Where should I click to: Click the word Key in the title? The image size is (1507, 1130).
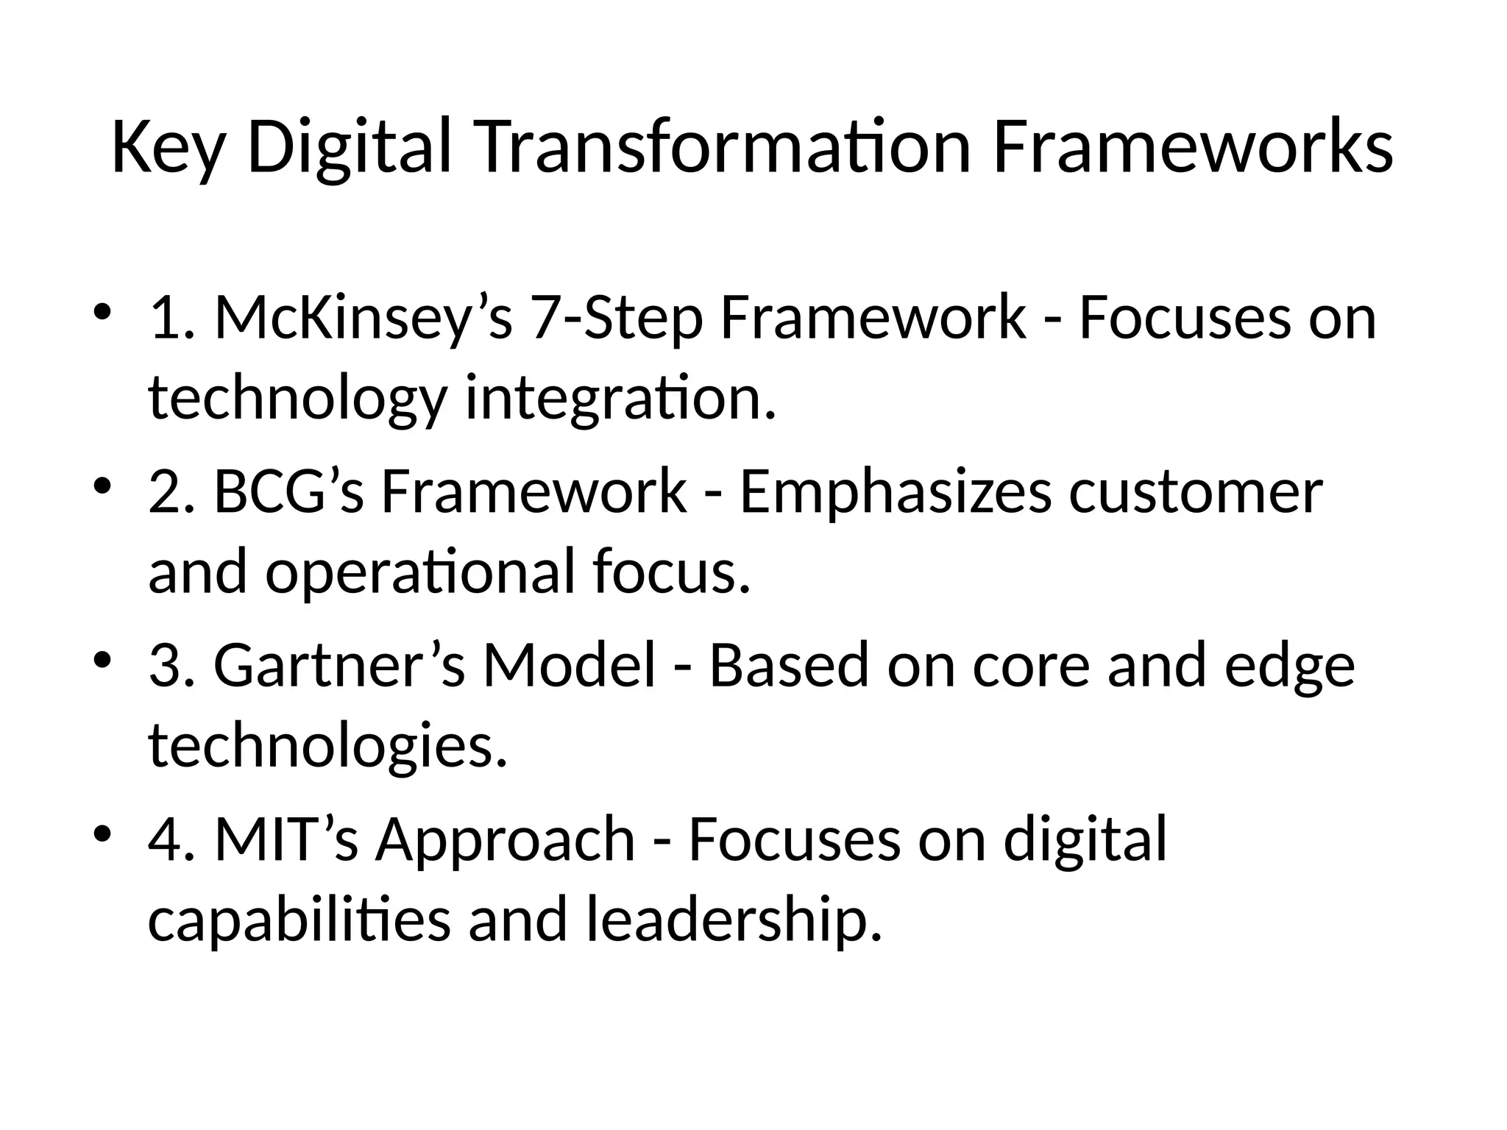166,149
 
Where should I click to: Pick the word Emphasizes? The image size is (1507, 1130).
895,492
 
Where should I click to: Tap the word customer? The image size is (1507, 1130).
1196,492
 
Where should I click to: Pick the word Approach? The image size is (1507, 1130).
506,839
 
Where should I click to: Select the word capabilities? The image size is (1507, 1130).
299,920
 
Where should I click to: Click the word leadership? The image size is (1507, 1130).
734,920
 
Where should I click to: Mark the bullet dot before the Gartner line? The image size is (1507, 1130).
103,656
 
